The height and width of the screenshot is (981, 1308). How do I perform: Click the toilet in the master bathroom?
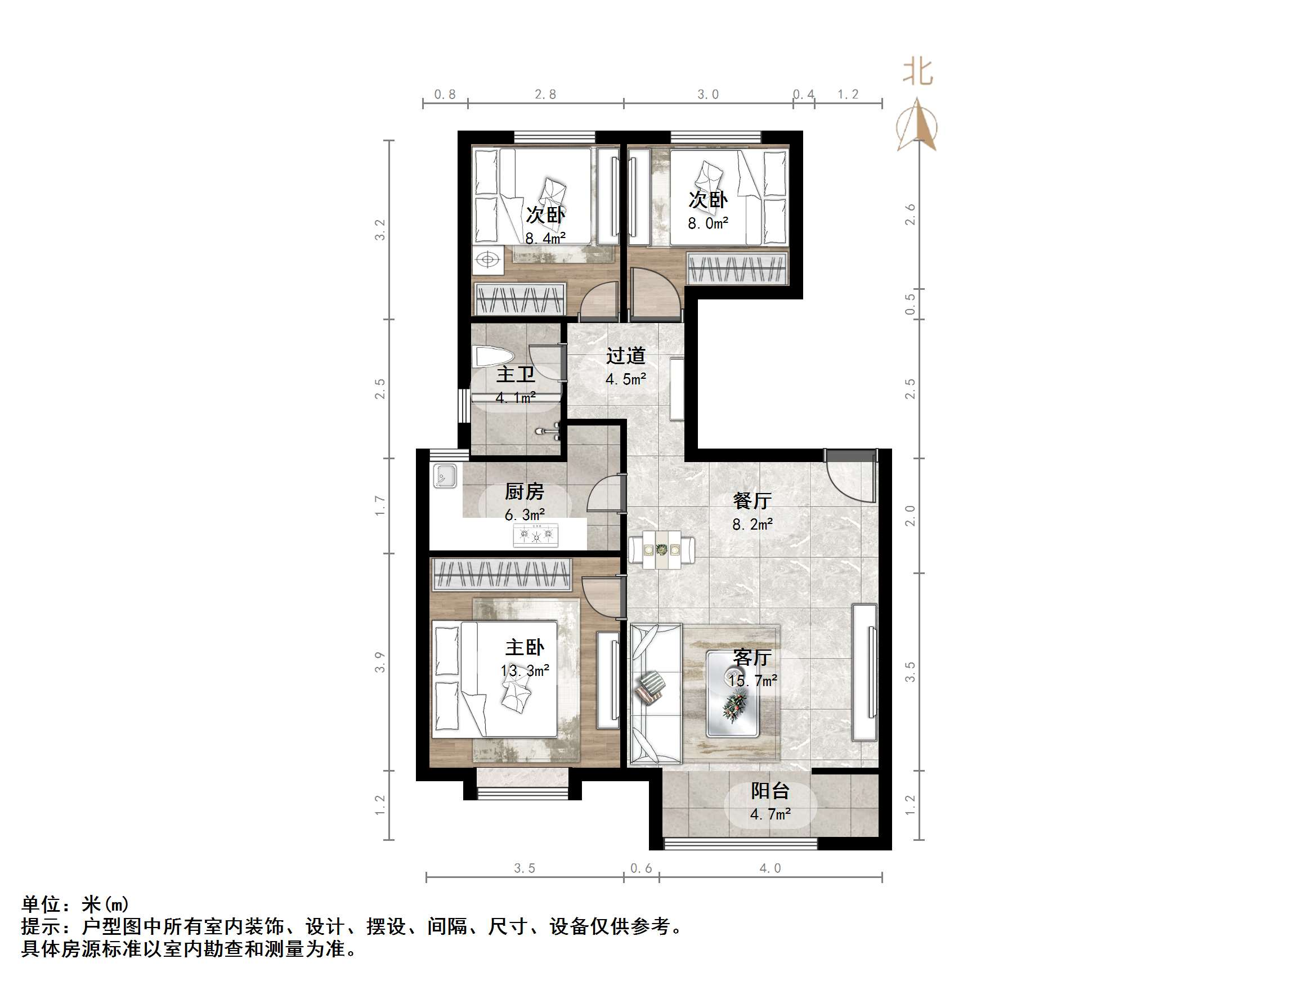coord(492,358)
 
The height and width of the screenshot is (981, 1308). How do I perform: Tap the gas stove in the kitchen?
coord(536,535)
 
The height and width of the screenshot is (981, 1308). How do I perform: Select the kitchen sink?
coord(445,476)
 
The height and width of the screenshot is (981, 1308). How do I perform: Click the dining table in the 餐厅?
coord(662,550)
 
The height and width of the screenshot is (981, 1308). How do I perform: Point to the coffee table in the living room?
coord(732,693)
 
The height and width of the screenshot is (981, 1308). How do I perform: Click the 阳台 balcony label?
coord(770,791)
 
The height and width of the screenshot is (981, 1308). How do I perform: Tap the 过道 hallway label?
coord(626,356)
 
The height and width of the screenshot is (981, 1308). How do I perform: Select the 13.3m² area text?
coord(525,670)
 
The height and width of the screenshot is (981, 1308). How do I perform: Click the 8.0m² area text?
coord(708,223)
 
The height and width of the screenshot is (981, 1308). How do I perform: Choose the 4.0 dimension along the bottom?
coord(770,868)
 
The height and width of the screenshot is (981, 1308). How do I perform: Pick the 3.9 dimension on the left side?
coord(380,662)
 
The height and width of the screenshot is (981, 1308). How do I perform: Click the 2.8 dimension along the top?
coord(545,95)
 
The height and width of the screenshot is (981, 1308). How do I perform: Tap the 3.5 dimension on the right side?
coord(910,672)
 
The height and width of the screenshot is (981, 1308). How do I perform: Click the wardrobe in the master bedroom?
coord(501,574)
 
